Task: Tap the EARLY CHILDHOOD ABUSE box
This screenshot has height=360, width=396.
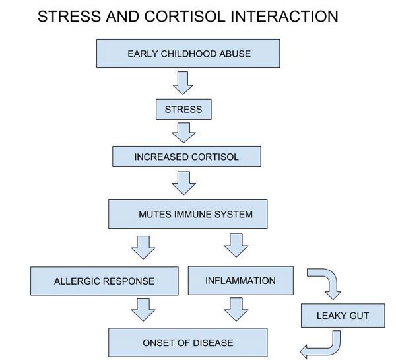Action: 189,54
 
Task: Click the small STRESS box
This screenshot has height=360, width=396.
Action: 183,109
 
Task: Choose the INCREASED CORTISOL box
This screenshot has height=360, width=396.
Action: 186,157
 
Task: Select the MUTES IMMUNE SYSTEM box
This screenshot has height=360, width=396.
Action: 188,214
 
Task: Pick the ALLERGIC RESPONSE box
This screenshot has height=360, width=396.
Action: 104,281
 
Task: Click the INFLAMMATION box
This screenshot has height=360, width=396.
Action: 240,280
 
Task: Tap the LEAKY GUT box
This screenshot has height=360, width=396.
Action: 343,315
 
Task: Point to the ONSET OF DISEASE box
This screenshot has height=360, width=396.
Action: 188,343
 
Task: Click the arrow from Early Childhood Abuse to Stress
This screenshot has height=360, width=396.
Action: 183,83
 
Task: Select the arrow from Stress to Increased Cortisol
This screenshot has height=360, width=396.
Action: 183,132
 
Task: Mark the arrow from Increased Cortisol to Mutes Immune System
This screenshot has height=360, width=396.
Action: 183,182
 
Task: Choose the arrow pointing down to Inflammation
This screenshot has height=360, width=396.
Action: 236,246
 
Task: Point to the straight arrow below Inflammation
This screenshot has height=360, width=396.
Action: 236,309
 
